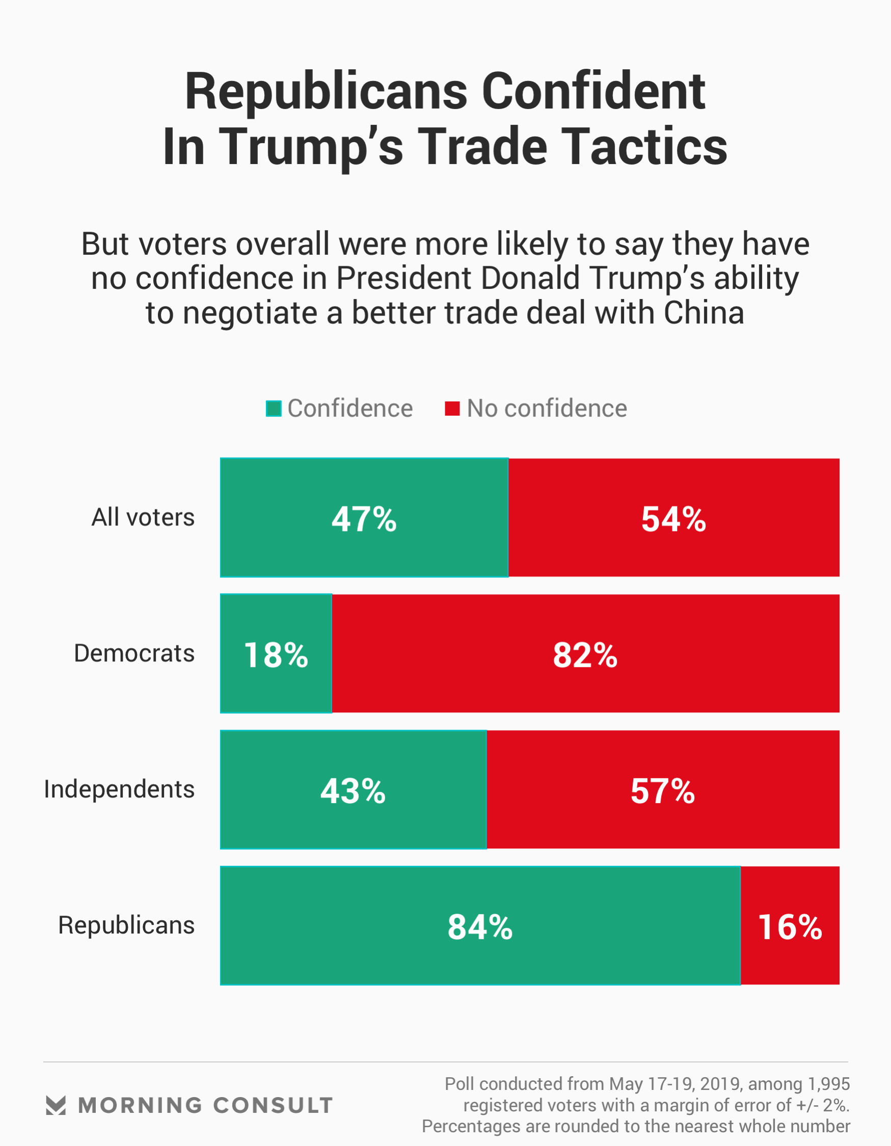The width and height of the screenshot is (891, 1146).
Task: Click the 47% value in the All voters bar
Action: pos(364,519)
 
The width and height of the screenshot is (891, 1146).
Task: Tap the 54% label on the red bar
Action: pos(673,519)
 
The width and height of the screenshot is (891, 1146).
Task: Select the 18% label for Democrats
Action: pos(276,655)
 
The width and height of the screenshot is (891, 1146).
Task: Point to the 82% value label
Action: pos(584,655)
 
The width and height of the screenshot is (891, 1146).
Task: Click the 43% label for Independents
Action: pos(353,791)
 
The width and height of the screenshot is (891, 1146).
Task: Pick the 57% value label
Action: pos(662,791)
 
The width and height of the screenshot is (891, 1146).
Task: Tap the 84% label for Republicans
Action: pos(479,927)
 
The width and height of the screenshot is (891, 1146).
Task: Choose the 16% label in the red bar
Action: pos(790,927)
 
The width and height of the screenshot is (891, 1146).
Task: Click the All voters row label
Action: pos(143,517)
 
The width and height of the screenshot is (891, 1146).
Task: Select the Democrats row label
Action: pos(134,653)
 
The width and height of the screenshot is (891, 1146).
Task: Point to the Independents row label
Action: pos(119,789)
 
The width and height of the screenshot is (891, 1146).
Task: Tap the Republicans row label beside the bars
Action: pos(126,925)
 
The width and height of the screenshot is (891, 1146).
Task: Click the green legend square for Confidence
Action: pos(274,409)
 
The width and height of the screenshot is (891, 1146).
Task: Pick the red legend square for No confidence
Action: pos(452,409)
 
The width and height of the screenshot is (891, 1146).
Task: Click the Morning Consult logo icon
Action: pos(56,1106)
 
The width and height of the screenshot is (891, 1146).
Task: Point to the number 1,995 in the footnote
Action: pos(828,1084)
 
